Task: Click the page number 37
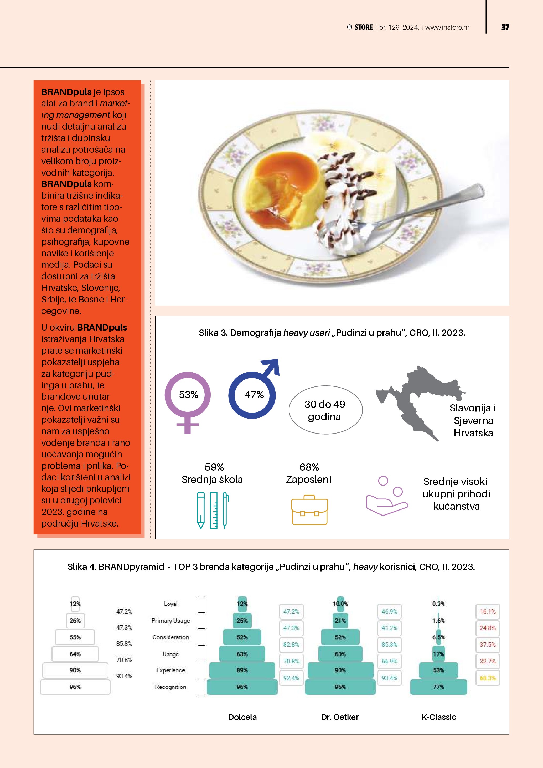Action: tap(505, 27)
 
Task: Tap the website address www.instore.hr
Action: tap(447, 27)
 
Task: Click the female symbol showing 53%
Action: tap(188, 398)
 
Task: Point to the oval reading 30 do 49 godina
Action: tap(325, 410)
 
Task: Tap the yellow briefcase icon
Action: tap(309, 510)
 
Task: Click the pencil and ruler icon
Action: tap(213, 510)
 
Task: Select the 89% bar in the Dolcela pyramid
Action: tap(242, 670)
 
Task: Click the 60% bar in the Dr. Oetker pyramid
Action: tap(340, 654)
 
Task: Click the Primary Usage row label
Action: tap(170, 621)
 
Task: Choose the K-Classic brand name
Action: tap(439, 717)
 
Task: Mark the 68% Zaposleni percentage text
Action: tap(309, 467)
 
